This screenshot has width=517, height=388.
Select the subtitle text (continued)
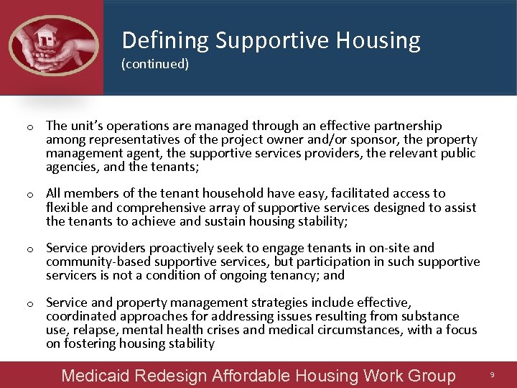[155, 64]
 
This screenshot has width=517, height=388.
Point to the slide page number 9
[492, 375]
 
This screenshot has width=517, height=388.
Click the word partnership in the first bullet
[409, 126]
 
